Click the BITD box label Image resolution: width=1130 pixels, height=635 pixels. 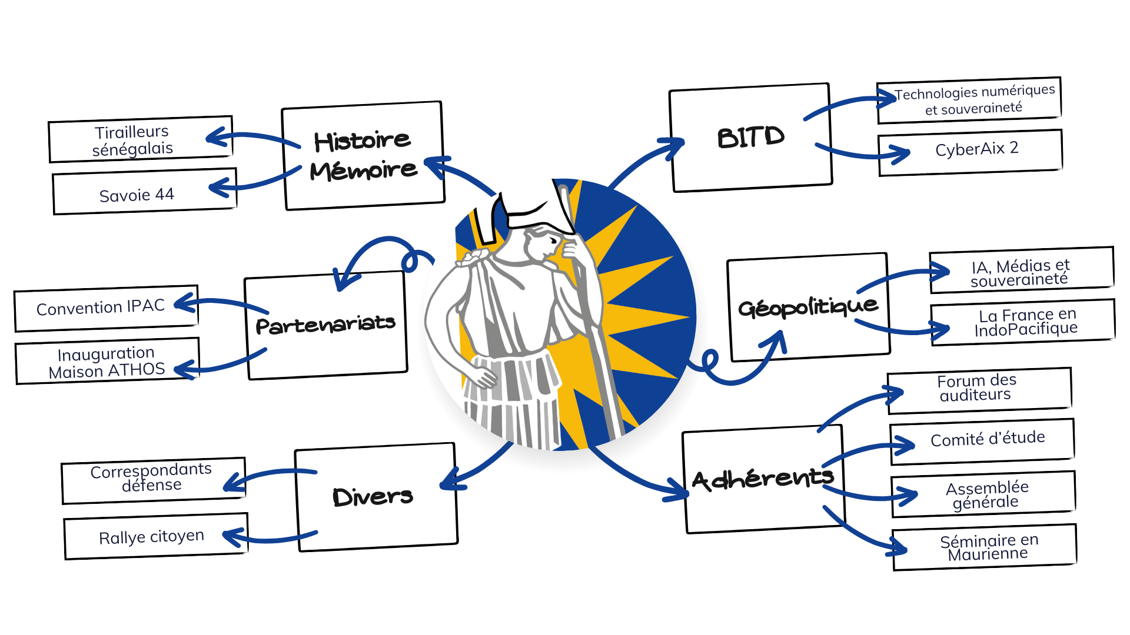[750, 138]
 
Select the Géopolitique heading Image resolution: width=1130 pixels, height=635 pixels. [807, 307]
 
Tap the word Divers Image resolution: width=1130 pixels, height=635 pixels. [373, 497]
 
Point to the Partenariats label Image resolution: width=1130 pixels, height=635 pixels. [325, 325]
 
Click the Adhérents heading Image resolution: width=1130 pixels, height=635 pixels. [763, 479]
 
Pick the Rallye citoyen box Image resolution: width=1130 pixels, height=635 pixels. [151, 537]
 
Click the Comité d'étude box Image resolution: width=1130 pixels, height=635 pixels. [987, 439]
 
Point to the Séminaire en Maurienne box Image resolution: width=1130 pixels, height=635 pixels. [989, 547]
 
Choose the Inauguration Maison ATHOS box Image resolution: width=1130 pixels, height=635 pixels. [107, 362]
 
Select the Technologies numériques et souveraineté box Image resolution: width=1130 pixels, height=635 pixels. [974, 100]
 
